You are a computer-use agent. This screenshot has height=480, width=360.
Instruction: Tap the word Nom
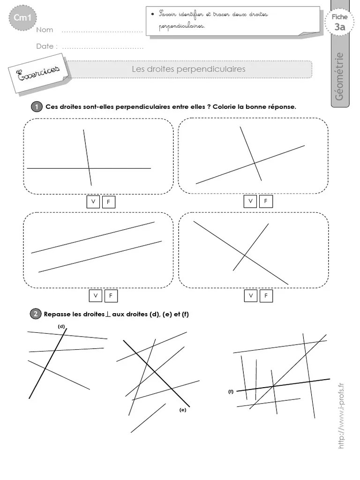pos(45,30)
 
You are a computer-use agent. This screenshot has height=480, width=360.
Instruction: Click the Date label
pos(47,46)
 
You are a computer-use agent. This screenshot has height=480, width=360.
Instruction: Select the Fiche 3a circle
pos(339,22)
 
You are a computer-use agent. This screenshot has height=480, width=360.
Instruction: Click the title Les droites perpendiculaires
pos(188,69)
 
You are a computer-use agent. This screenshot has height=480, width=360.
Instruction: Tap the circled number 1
pos(37,107)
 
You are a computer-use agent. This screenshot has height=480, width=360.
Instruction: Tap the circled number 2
pos(36,314)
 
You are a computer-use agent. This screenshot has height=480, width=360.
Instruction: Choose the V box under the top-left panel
pos(93,202)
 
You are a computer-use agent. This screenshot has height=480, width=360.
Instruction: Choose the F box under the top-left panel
pos(108,202)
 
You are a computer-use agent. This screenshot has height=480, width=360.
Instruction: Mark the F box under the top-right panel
pos(265,201)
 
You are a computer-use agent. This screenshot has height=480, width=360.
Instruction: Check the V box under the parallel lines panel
pos(96,296)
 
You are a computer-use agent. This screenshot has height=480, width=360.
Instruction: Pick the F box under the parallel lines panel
pos(111,296)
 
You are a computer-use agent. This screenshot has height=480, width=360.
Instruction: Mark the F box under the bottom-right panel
pos(265,295)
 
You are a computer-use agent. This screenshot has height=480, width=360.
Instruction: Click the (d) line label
pos(61,326)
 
